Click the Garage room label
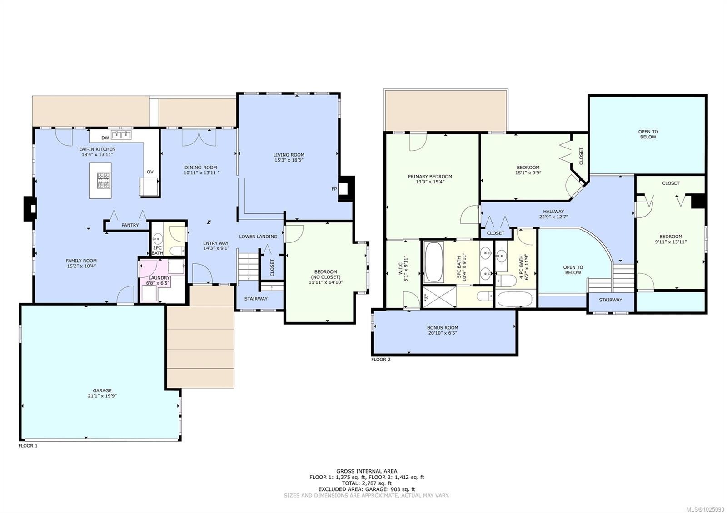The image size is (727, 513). tap(102, 390)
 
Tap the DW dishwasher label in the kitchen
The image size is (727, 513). tap(105, 138)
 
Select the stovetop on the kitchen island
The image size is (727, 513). tap(103, 180)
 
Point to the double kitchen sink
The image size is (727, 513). tap(121, 134)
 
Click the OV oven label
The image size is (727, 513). tap(150, 172)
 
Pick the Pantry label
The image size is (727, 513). tap(130, 225)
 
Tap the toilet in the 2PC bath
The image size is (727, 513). tap(177, 251)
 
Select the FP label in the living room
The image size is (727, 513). tap(334, 189)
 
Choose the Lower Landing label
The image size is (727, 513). tap(258, 237)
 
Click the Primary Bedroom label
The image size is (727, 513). tap(430, 177)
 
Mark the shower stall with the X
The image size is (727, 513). tap(440, 297)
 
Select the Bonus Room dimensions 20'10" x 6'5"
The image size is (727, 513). tap(443, 333)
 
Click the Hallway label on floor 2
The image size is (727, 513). tap(553, 212)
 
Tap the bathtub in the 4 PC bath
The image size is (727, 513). tap(514, 299)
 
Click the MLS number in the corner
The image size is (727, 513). tap(710, 509)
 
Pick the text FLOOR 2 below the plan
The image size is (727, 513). tap(381, 359)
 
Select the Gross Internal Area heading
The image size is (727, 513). tap(366, 471)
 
